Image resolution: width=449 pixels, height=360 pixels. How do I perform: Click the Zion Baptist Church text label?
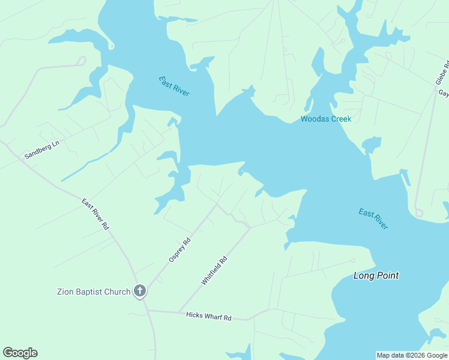coord(94,292)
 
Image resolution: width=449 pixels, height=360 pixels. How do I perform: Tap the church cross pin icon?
coord(140,292)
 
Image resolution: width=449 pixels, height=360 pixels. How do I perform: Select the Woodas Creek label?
coord(326,119)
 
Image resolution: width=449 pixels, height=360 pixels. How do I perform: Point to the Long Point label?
coord(376,276)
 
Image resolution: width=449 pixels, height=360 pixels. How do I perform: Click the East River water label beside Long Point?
coord(373,218)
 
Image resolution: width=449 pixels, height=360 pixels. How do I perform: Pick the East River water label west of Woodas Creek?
coord(174,86)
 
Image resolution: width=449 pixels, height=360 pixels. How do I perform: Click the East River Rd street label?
coord(95,214)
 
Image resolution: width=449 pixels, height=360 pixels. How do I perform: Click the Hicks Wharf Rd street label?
coord(208,316)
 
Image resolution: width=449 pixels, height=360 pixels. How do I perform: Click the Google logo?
coord(20,353)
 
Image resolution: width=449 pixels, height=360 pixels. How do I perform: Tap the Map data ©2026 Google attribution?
coord(412,355)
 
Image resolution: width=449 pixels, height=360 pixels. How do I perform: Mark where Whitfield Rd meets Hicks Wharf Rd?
coord(179,312)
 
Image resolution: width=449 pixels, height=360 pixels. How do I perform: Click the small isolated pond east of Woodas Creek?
coord(371,145)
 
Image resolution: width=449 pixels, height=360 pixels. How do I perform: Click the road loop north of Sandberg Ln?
coord(82,61)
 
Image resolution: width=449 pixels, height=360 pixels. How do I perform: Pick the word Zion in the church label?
coord(65,292)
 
